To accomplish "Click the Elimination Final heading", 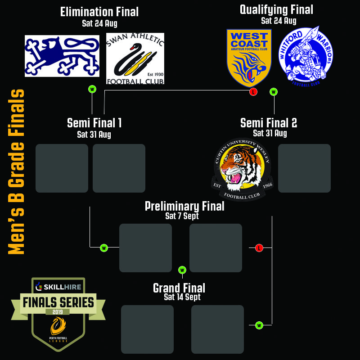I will [99, 12].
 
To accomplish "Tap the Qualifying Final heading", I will [276, 9].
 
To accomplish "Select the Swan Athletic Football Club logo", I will [135, 58].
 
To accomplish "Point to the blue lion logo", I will [62, 56].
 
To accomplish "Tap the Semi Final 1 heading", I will [94, 123].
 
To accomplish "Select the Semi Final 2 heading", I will [269, 123].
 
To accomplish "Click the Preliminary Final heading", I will [184, 206].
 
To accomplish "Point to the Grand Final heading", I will [179, 288].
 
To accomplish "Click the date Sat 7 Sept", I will [182, 216].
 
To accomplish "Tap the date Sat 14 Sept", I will [182, 297].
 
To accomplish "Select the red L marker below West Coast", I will [253, 92].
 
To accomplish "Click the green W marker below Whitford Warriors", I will [274, 92].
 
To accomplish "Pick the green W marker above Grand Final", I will [182, 270].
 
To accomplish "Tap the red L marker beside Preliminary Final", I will [259, 248].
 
